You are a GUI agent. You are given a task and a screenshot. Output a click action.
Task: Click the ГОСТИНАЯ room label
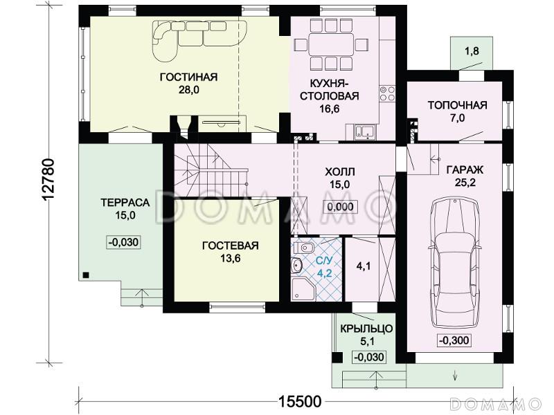[x=188, y=77]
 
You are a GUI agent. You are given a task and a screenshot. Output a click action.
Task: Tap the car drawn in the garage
[x=454, y=261]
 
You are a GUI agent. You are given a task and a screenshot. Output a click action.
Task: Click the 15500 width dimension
[x=300, y=401]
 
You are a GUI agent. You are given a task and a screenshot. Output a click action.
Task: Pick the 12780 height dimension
[x=48, y=181]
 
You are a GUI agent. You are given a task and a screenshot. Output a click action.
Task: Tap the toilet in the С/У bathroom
[x=303, y=248]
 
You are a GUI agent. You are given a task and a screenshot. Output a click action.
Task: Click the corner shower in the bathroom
[x=303, y=288]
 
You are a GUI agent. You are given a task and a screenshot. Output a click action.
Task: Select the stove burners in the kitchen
[x=387, y=93]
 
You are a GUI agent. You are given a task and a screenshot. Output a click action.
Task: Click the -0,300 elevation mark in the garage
[x=454, y=340]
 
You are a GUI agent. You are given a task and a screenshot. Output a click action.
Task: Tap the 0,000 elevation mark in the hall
[x=340, y=207]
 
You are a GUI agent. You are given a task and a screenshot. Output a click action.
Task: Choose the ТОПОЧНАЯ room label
[x=457, y=105]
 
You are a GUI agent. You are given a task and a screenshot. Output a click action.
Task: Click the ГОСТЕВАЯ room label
[x=231, y=246]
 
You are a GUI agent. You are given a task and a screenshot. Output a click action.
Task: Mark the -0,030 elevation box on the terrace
[x=124, y=243]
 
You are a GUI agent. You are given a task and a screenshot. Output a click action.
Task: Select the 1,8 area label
[x=472, y=51]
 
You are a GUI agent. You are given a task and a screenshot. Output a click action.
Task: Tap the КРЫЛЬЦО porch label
[x=366, y=329]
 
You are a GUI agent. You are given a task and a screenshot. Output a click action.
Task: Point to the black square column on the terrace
[x=85, y=275]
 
